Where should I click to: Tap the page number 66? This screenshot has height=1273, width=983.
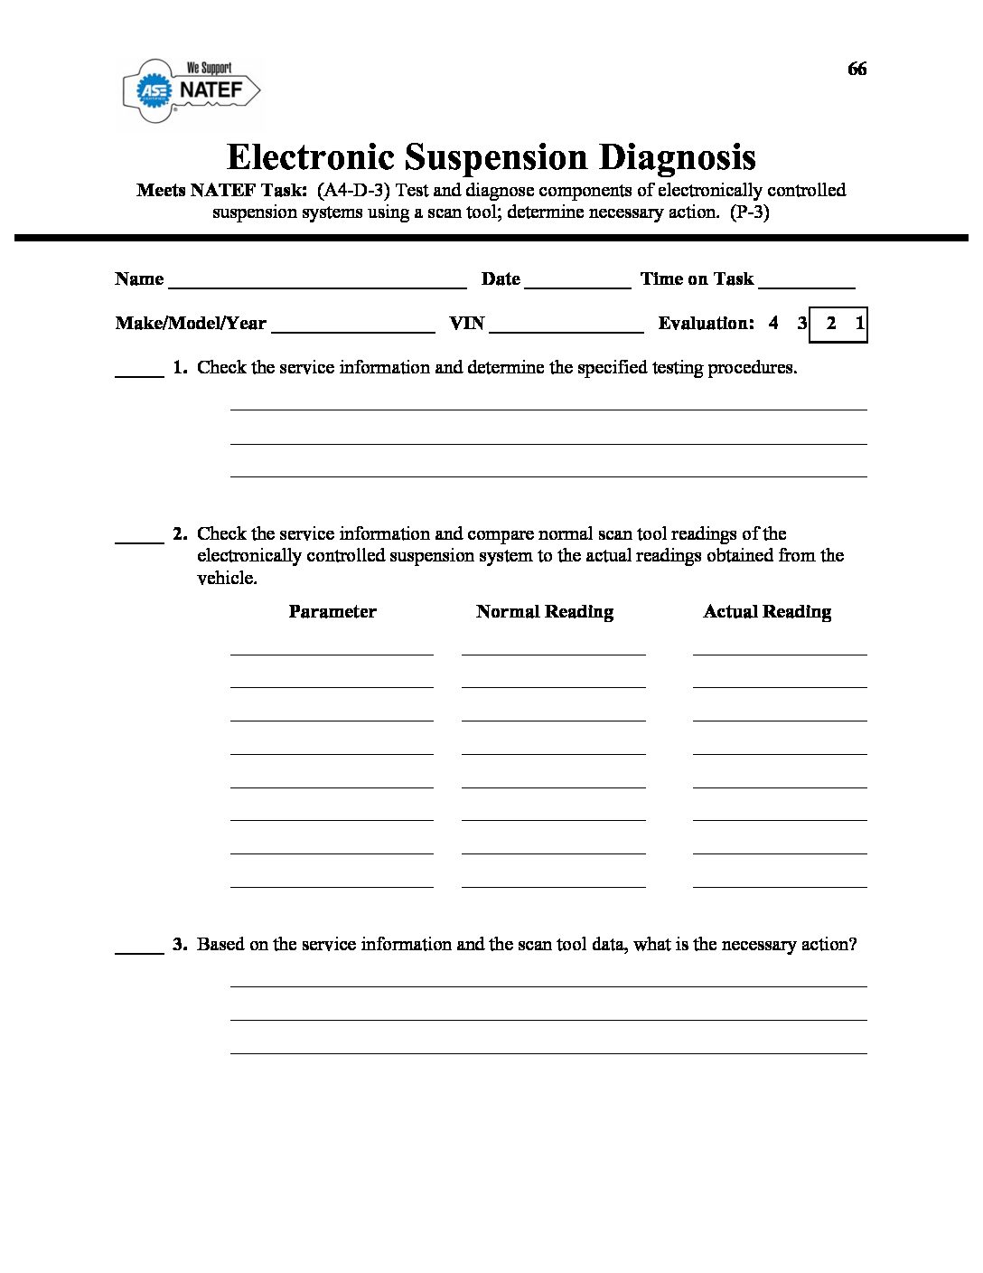pos(857,69)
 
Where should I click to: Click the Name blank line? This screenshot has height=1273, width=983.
pos(317,284)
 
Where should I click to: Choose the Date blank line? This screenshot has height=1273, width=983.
pos(577,284)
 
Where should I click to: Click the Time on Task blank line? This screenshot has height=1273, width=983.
pos(807,284)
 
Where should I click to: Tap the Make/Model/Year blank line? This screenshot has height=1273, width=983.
pos(353,330)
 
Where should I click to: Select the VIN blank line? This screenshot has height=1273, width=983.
pos(566,330)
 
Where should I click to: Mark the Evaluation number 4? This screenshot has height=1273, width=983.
pos(773,323)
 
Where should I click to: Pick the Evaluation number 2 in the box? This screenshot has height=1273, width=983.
pos(831,323)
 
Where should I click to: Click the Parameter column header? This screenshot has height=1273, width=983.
pos(332,612)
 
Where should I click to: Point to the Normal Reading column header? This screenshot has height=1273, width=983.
pos(545,612)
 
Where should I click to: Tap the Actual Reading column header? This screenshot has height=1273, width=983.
pos(767,612)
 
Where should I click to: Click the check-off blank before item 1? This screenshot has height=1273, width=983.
pos(139,372)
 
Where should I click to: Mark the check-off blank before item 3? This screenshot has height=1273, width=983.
pos(139,949)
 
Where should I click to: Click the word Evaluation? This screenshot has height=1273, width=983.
pos(706,323)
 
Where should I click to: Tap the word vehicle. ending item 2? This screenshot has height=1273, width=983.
pos(227,578)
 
